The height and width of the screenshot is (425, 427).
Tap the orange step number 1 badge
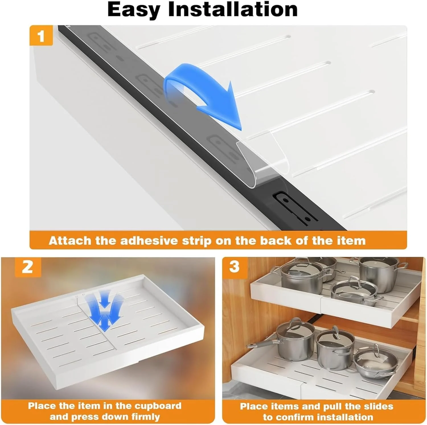tap(41, 36)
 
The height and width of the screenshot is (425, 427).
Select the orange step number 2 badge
tap(27, 267)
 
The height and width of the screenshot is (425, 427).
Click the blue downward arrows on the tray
tap(105, 312)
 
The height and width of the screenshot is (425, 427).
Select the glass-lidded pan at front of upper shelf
tap(353, 290)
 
